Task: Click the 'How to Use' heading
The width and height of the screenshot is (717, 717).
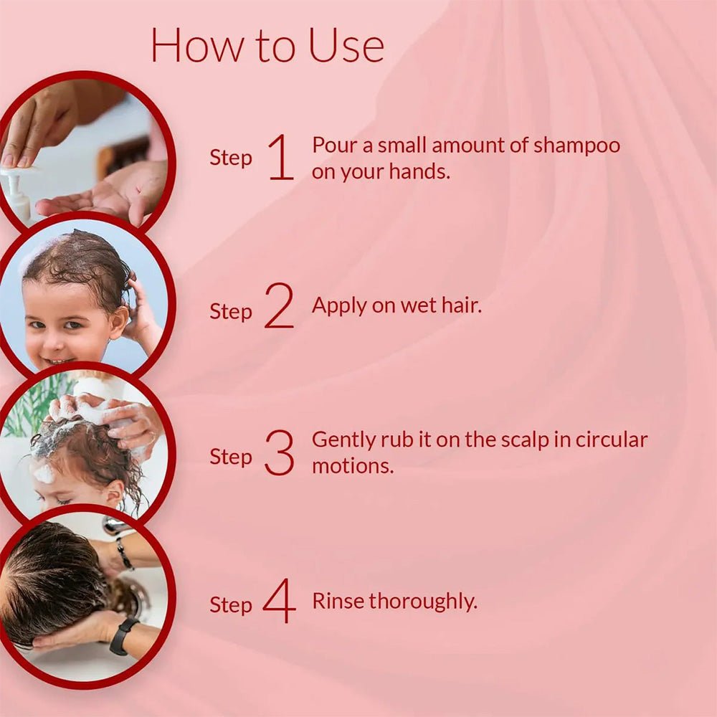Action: (267, 46)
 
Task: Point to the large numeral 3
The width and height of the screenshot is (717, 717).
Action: (279, 454)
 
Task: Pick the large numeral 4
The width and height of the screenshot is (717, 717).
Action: (279, 601)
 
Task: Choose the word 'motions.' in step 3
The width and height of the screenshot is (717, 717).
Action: (353, 466)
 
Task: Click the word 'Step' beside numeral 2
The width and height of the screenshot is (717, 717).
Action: (231, 312)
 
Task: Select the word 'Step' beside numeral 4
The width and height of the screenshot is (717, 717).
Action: (231, 605)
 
